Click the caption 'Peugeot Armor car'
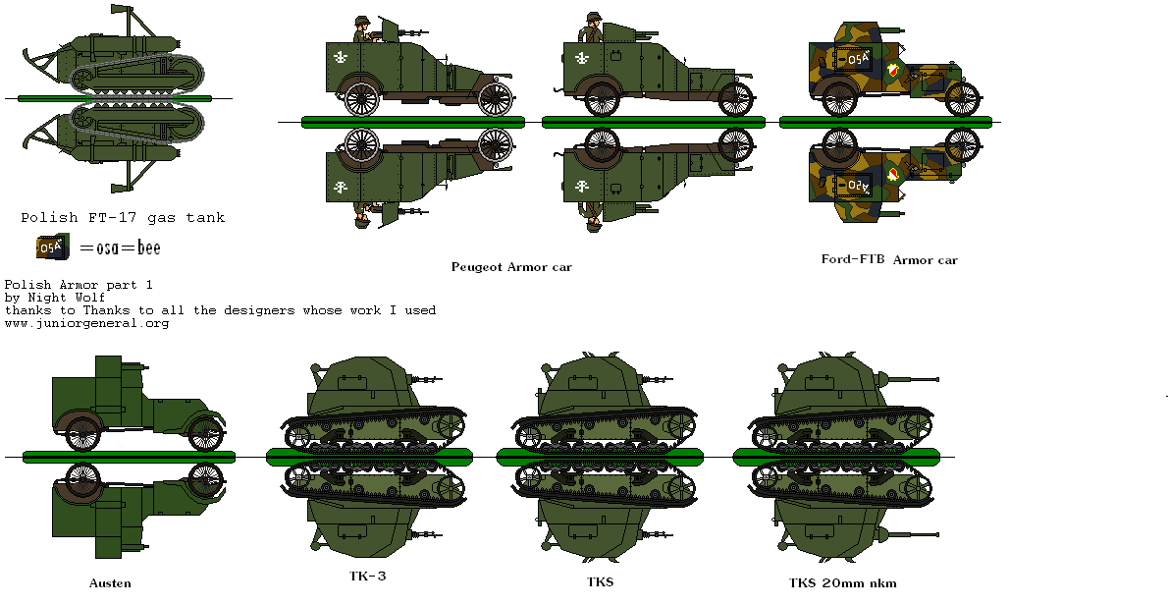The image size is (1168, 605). pyautogui.click(x=510, y=266)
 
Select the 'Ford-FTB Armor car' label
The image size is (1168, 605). pyautogui.click(x=888, y=260)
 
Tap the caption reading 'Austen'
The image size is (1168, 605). pyautogui.click(x=110, y=582)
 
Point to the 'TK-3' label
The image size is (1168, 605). pyautogui.click(x=368, y=577)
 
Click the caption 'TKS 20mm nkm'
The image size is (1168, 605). pyautogui.click(x=842, y=582)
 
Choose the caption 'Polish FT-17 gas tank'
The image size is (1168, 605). pyautogui.click(x=123, y=218)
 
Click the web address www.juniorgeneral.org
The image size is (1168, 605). pyautogui.click(x=86, y=323)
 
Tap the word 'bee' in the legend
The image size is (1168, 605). pyautogui.click(x=148, y=247)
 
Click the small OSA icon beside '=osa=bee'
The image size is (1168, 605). pyautogui.click(x=50, y=247)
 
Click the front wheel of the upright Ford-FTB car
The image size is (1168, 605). pyautogui.click(x=962, y=98)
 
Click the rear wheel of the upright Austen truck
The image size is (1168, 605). pyautogui.click(x=82, y=433)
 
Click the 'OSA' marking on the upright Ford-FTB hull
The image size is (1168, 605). pyautogui.click(x=858, y=59)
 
